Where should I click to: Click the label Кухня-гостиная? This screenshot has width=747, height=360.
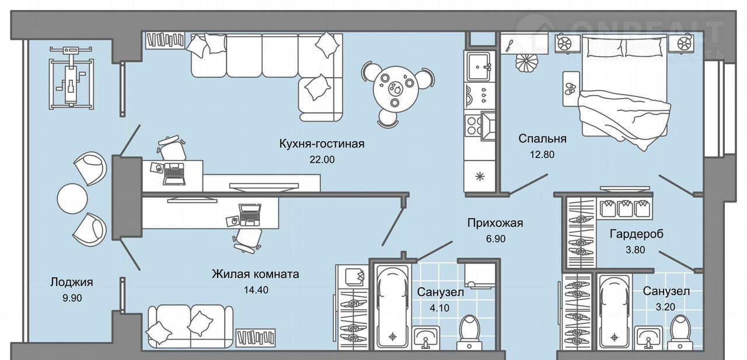click(x=322, y=144)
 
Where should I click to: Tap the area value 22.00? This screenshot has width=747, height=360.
click(x=323, y=159)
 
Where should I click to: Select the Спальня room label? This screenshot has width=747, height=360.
click(x=543, y=139)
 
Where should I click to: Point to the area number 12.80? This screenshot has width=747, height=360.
click(x=542, y=155)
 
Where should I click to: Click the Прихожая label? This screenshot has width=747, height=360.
click(x=495, y=223)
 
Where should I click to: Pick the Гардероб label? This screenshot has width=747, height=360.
click(x=637, y=235)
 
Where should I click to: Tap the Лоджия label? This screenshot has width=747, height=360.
click(x=72, y=282)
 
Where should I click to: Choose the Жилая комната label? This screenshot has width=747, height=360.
click(x=256, y=274)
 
